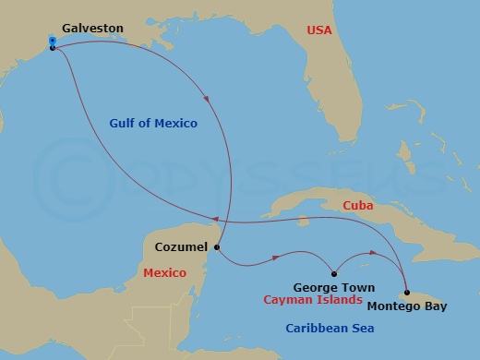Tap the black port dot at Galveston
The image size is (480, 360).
coord(53,47)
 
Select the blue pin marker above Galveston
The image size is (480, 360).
coord(53,41)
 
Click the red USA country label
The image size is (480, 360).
coord(319,30)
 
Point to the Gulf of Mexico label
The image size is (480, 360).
coord(152,123)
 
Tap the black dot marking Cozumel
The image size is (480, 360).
coord(217,247)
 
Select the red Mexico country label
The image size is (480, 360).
coord(165,273)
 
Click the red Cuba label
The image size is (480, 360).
coord(357,206)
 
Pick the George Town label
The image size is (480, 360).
coord(333,288)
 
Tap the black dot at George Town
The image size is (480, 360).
coord(333,273)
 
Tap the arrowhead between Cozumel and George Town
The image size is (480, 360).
coord(275,258)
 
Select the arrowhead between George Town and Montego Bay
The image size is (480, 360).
coord(373,252)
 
